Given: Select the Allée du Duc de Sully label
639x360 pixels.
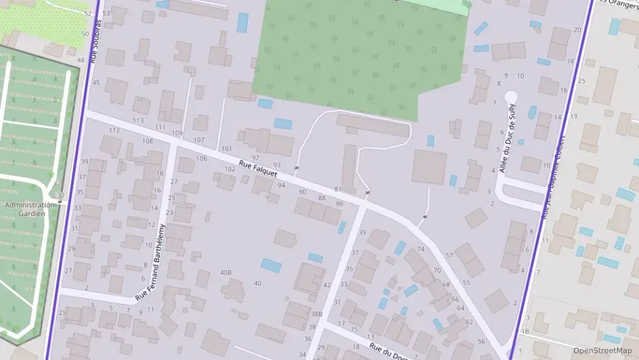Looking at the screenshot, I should (x=507, y=137).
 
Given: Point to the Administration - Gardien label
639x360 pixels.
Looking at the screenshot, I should (x=29, y=209).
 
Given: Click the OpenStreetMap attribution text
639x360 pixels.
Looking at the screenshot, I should (x=602, y=350).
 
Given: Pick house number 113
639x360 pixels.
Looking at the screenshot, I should (x=138, y=121).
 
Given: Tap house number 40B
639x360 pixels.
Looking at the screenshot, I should (x=225, y=273).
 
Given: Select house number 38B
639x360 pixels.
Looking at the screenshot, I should (x=316, y=314).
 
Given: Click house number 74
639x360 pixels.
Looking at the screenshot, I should (x=421, y=249).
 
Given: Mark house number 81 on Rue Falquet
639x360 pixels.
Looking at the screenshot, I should (x=338, y=189).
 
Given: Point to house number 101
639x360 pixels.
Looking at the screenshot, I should (x=227, y=148).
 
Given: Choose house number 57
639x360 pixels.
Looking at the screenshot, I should (x=449, y=255).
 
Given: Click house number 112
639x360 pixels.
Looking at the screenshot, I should (x=114, y=130).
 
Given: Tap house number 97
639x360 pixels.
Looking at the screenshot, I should (x=256, y=158).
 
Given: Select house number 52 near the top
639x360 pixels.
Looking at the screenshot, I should (x=87, y=14).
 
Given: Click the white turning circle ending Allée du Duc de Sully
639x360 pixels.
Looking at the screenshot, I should (x=511, y=97).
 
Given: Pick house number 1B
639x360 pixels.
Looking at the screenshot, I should (x=524, y=331).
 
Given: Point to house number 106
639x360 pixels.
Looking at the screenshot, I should (x=201, y=158).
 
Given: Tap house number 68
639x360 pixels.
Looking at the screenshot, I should (x=446, y=285).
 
